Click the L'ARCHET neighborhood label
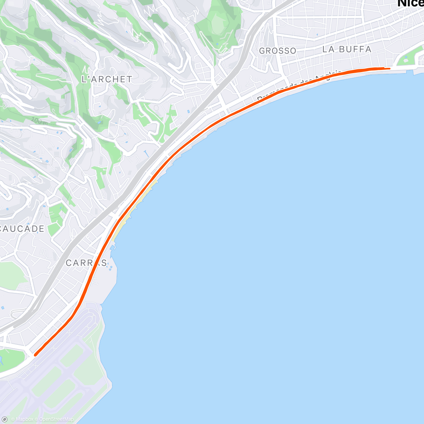click(107, 79)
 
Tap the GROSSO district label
click(278, 51)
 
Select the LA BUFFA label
click(347, 49)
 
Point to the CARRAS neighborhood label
click(86, 263)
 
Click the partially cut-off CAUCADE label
click(22, 229)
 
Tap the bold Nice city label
click(411, 4)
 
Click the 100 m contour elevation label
click(39, 121)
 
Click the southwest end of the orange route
click(35, 354)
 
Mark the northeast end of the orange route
click(389, 69)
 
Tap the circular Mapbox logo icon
click(5, 419)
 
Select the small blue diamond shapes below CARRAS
click(110, 267)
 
